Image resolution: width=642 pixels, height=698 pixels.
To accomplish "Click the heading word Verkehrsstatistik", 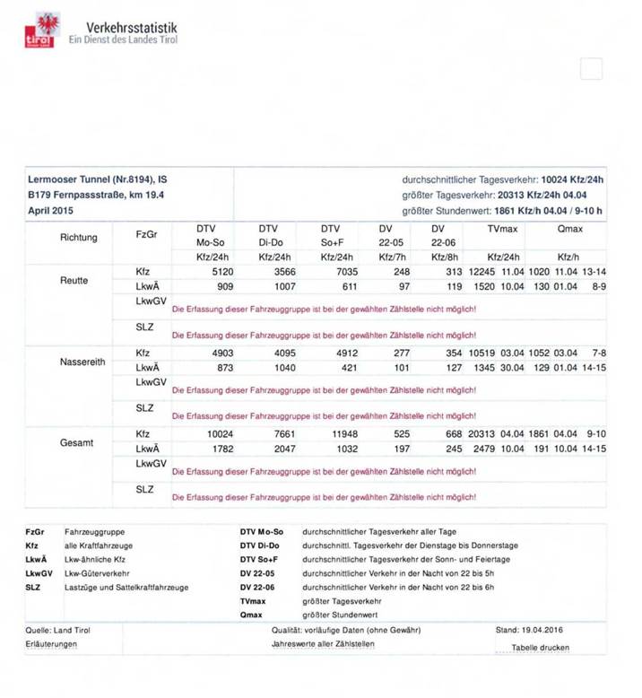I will click(x=131, y=28).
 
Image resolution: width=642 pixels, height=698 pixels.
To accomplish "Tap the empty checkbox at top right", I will click(x=591, y=68).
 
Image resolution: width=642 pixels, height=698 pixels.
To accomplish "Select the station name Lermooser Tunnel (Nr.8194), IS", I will click(x=97, y=179).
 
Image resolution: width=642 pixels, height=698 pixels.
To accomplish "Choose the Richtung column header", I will click(x=80, y=238).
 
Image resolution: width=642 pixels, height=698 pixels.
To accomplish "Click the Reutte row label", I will click(x=74, y=280).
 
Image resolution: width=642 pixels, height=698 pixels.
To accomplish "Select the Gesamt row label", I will click(x=75, y=442).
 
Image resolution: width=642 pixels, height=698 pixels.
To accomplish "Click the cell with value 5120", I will click(x=220, y=271).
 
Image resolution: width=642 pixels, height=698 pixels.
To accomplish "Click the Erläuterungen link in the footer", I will click(x=52, y=645).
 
